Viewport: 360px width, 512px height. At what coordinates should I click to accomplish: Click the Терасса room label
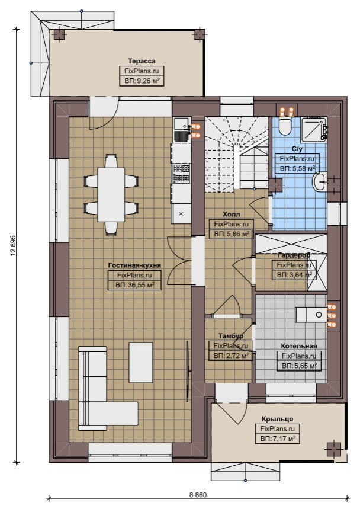pyautogui.click(x=142, y=61)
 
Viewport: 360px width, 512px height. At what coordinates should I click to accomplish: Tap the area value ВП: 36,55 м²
pyautogui.click(x=135, y=285)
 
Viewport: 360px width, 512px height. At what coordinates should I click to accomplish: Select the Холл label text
pyautogui.click(x=232, y=215)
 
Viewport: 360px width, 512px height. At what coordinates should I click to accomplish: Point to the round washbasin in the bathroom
pyautogui.click(x=320, y=182)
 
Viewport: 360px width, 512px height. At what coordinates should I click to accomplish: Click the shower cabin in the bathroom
pyautogui.click(x=314, y=129)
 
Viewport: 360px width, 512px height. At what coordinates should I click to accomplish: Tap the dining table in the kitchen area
pyautogui.click(x=111, y=194)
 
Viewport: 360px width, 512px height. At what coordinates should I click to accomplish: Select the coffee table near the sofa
pyautogui.click(x=141, y=363)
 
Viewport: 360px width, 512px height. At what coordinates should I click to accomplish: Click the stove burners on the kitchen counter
pyautogui.click(x=181, y=173)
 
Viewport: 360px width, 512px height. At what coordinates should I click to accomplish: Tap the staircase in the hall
pyautogui.click(x=236, y=153)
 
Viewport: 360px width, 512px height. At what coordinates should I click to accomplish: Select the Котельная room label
pyautogui.click(x=299, y=346)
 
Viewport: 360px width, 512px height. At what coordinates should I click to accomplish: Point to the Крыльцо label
pyautogui.click(x=278, y=419)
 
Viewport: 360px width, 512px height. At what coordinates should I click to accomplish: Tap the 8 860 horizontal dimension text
pyautogui.click(x=198, y=504)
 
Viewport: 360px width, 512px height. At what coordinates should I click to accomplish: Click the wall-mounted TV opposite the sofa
pyautogui.click(x=188, y=371)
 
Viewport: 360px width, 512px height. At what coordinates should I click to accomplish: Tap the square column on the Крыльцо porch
pyautogui.click(x=334, y=449)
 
